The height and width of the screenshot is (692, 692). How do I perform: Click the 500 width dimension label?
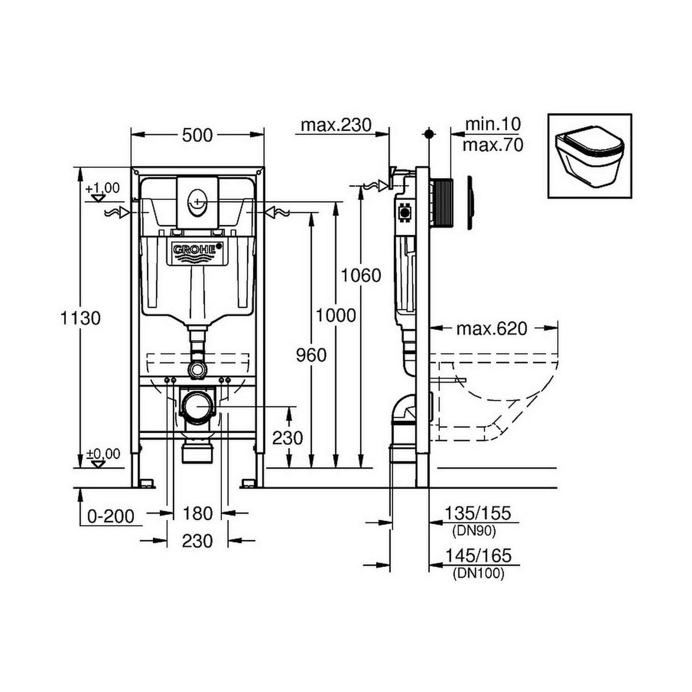click(x=197, y=135)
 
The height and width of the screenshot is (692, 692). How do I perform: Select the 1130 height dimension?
click(x=81, y=318)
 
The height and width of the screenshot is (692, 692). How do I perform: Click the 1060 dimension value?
click(x=361, y=275)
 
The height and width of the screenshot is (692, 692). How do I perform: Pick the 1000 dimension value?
click(x=335, y=316)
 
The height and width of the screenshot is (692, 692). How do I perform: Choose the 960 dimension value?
click(x=311, y=355)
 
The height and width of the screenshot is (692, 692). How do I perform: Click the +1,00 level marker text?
click(x=102, y=188)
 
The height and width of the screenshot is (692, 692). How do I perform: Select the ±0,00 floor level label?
click(x=104, y=454)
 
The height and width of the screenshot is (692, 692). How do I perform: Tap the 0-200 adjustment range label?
click(x=111, y=516)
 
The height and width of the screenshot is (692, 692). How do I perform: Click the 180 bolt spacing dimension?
click(x=197, y=513)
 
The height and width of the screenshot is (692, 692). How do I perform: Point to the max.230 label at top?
click(x=336, y=125)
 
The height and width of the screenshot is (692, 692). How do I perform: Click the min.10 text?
click(x=493, y=124)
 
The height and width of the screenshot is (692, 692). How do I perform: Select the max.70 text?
click(x=493, y=145)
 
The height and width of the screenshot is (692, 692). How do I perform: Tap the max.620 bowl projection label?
click(x=491, y=328)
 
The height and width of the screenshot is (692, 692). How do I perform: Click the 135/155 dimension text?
click(x=478, y=513)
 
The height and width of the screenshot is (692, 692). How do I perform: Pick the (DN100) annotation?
click(x=478, y=573)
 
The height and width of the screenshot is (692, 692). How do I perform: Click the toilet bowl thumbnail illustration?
click(x=590, y=156)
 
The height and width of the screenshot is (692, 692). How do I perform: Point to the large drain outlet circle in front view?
click(x=197, y=406)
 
